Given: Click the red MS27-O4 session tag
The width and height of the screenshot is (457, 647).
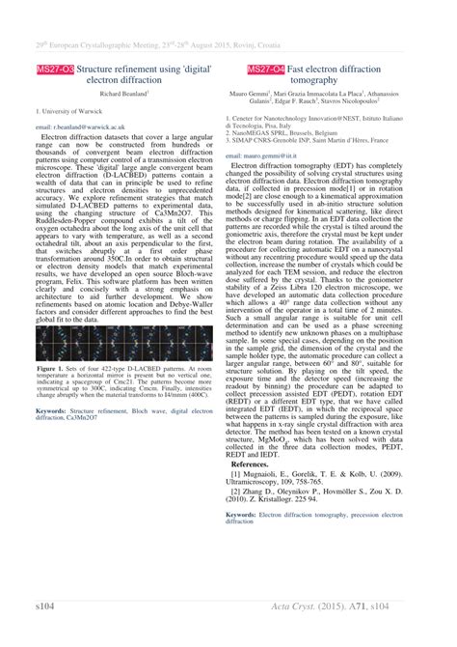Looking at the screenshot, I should pos(265,70).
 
